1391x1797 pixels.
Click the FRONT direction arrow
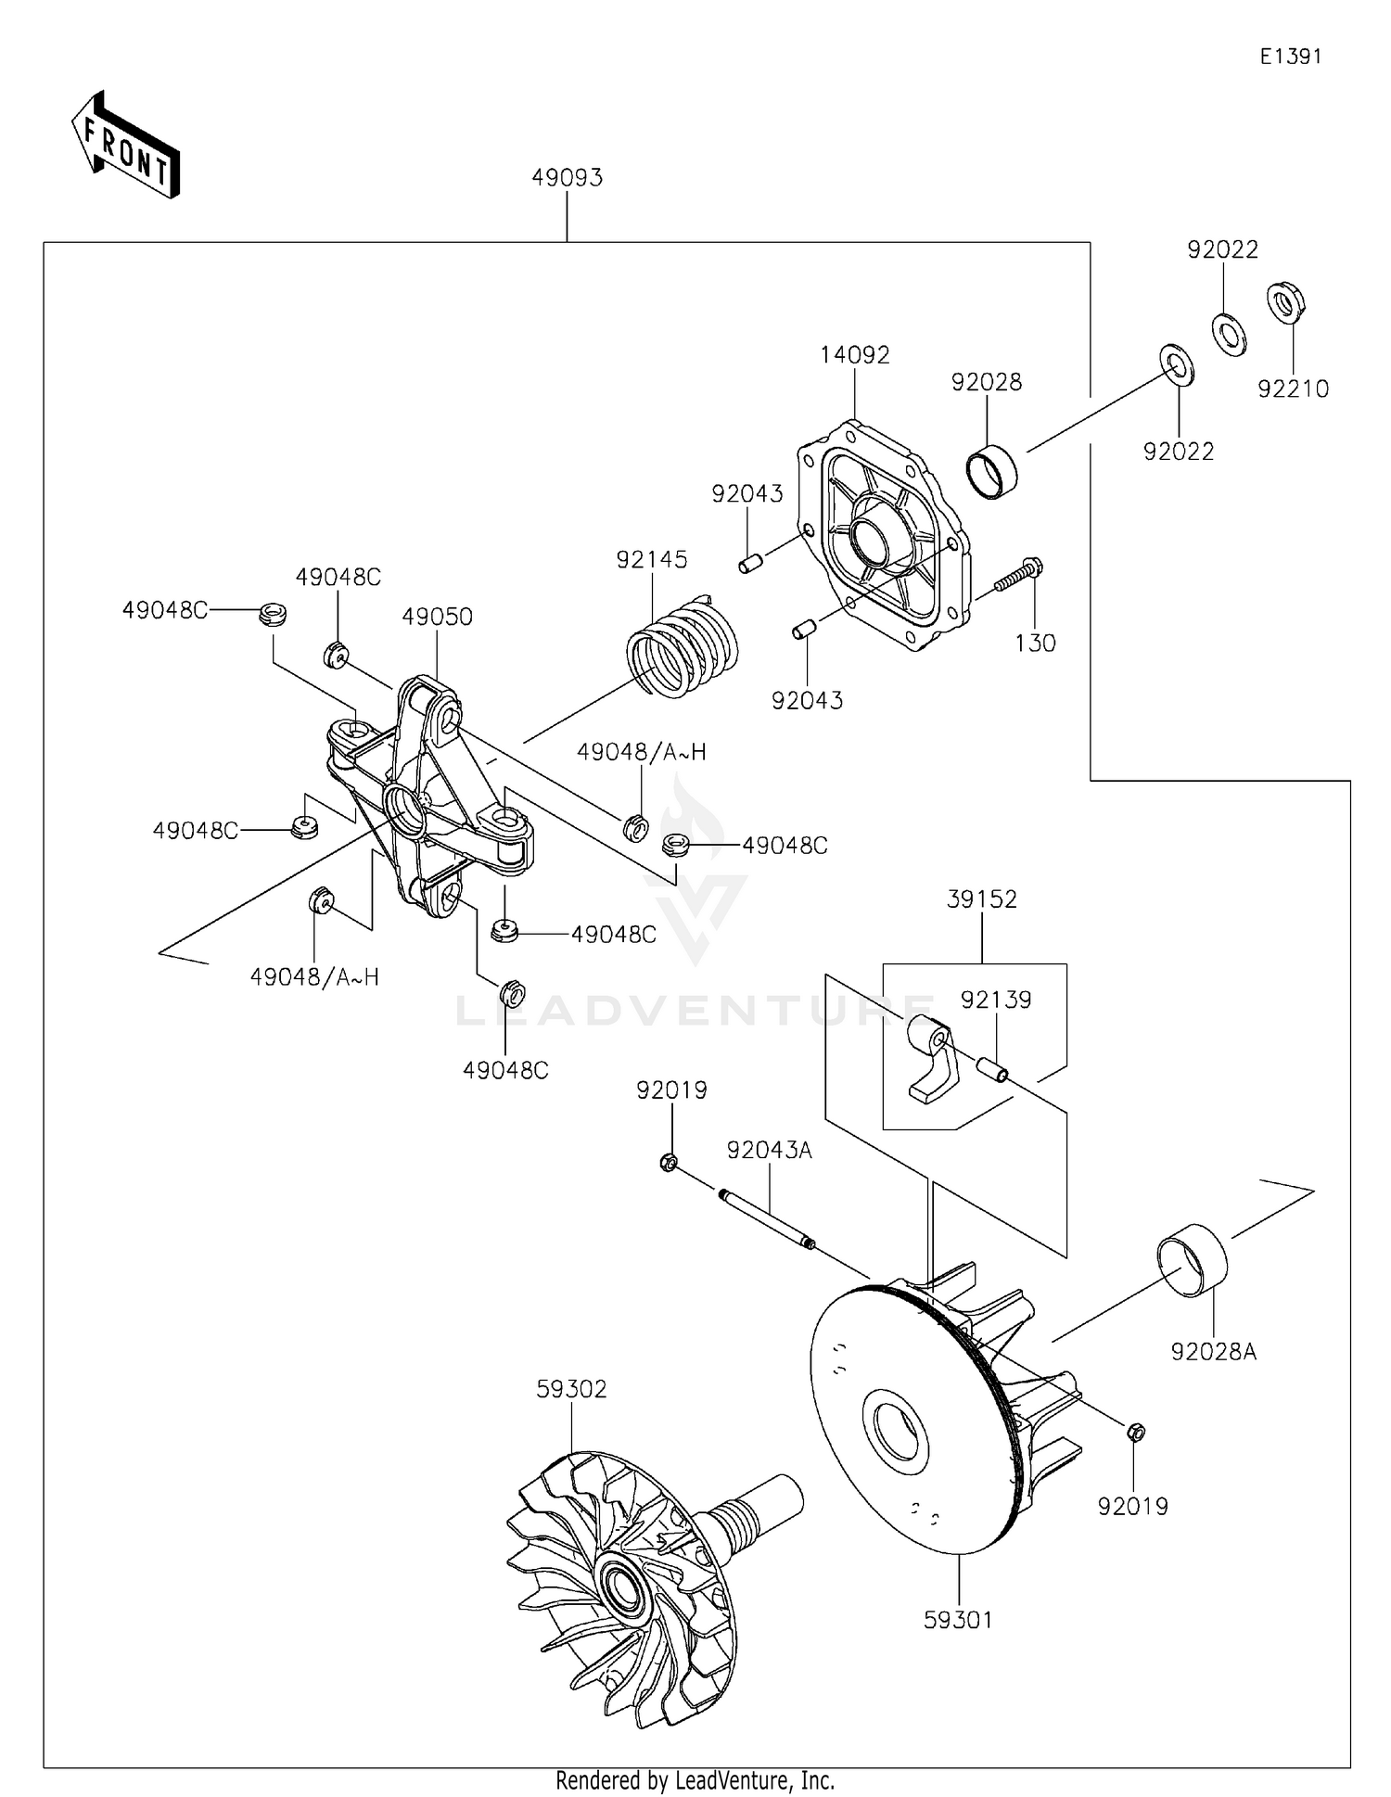coord(125,147)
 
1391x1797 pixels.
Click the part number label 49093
coord(567,177)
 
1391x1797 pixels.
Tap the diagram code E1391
coord(1290,57)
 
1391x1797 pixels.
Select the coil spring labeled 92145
coord(682,646)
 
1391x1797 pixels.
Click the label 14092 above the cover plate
coord(854,355)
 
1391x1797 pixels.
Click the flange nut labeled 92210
coord(1286,302)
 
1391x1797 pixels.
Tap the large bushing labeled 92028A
coord(1191,1261)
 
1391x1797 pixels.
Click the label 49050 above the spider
coord(437,617)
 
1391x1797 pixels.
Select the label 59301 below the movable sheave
coord(958,1619)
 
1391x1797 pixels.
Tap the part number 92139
coord(995,1000)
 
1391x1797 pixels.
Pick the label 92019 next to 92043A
coord(671,1090)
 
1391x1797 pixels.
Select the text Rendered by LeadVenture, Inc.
coord(695,1780)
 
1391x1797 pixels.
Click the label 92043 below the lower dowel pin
coord(807,701)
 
